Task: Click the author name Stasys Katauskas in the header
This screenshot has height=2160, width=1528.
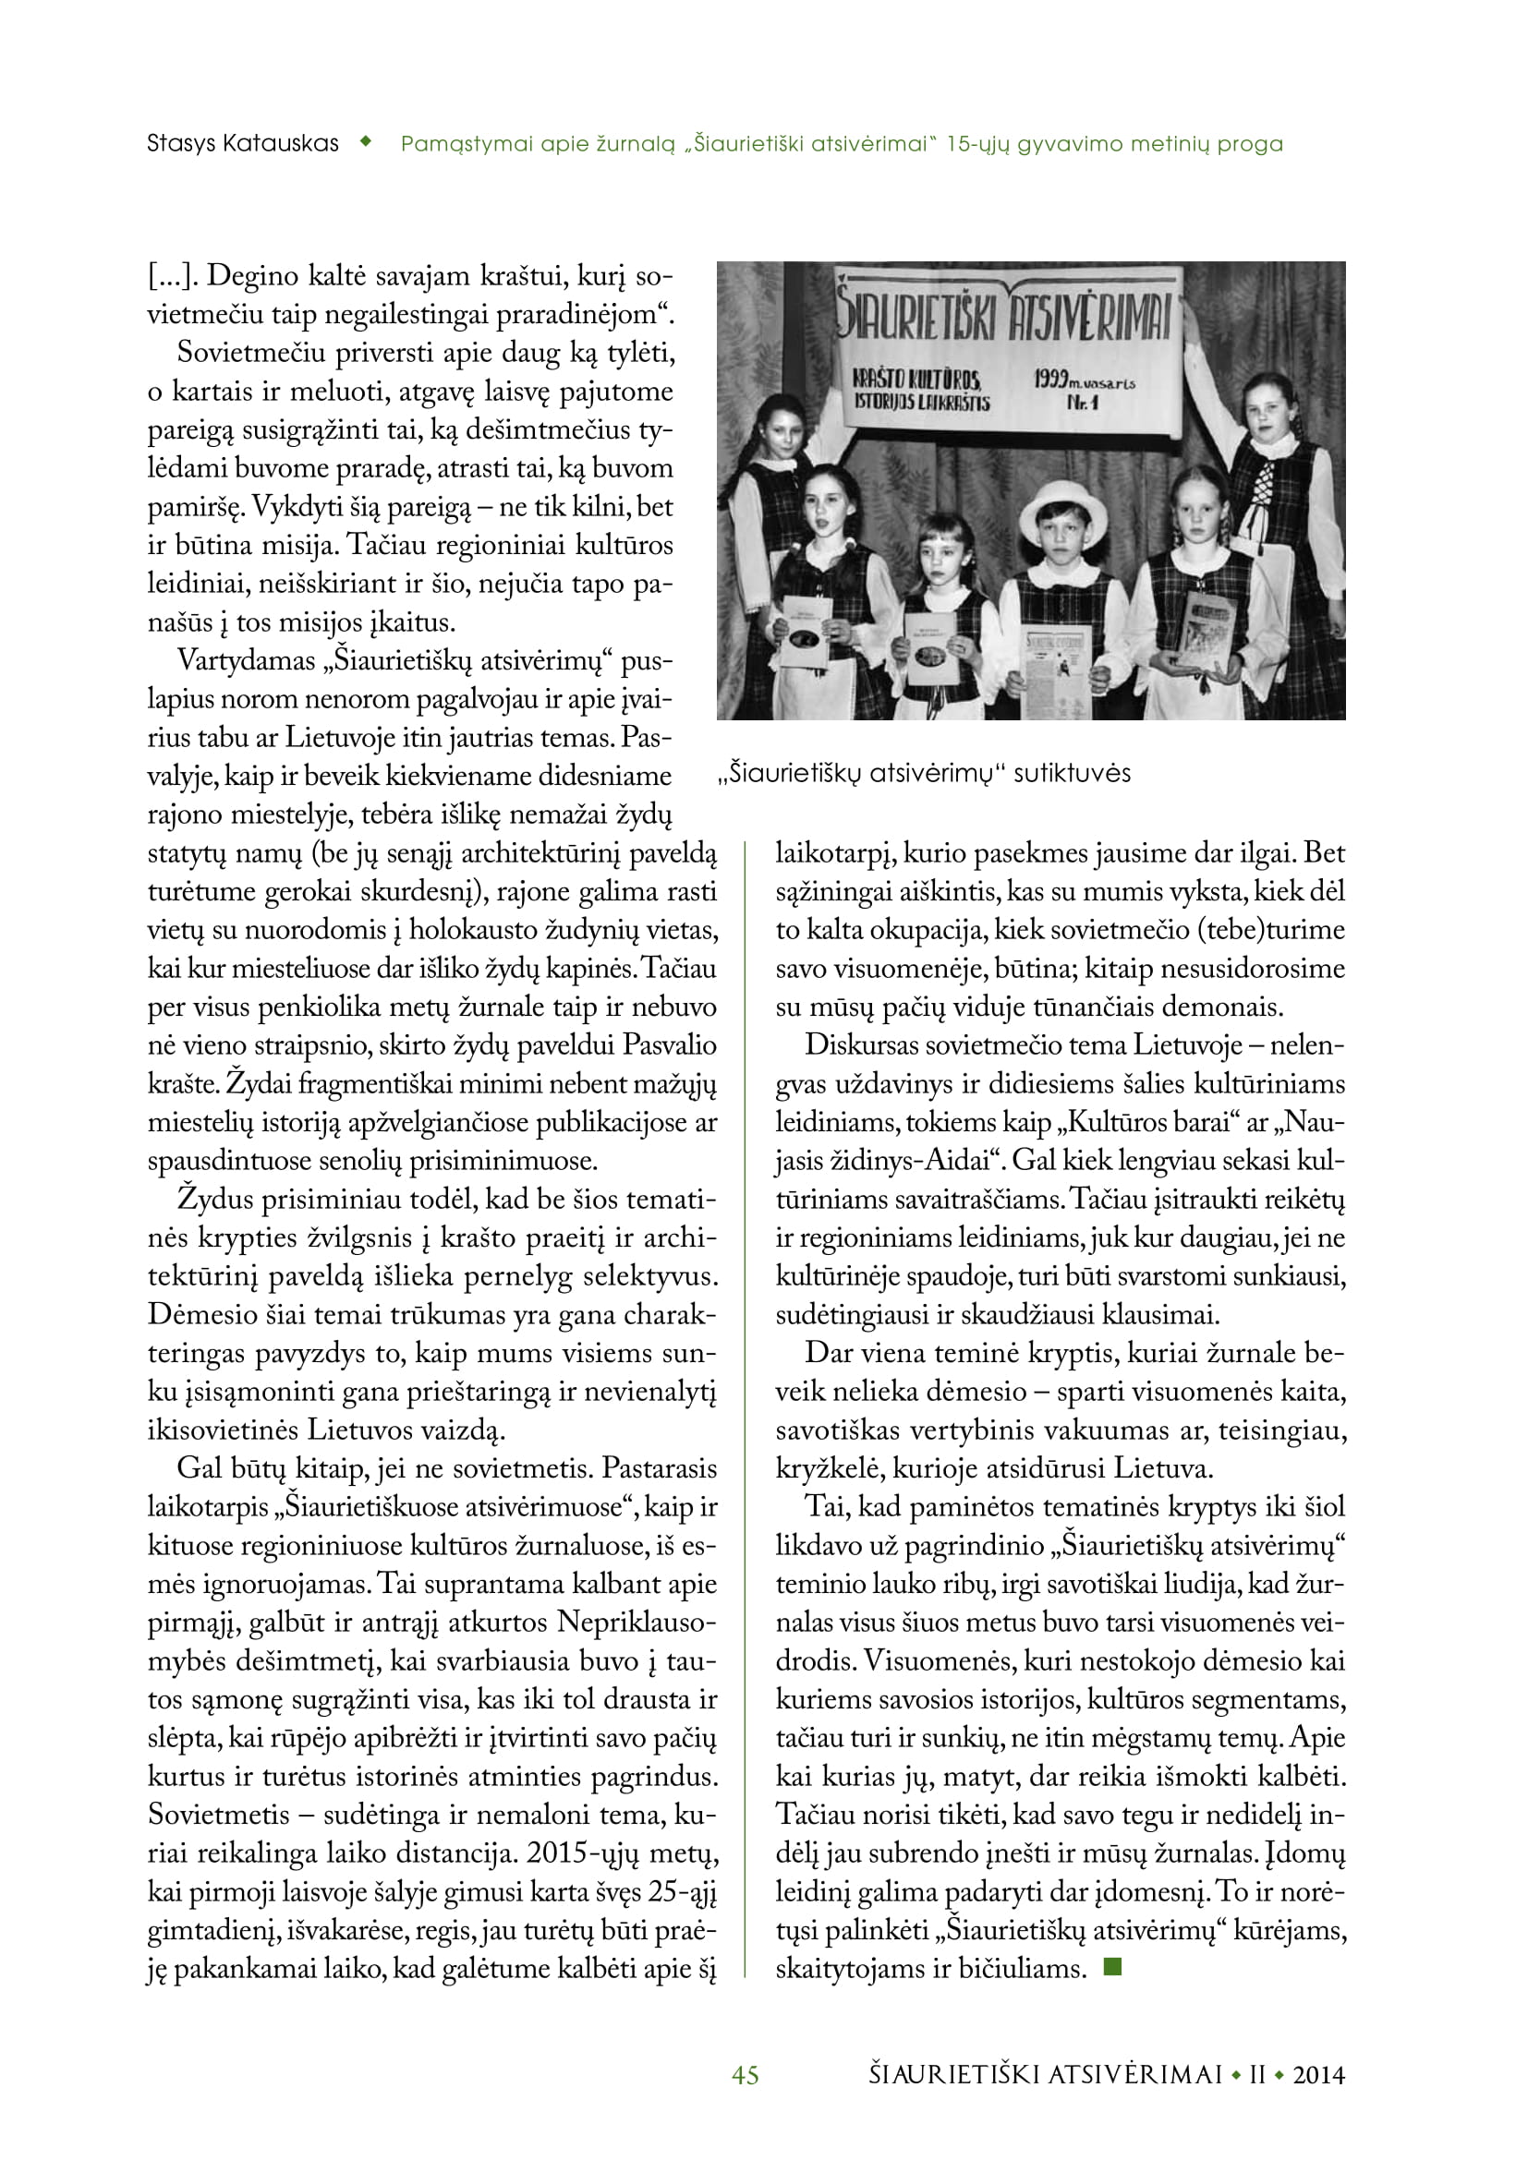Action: point(243,144)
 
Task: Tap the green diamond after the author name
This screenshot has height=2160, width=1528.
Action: point(367,143)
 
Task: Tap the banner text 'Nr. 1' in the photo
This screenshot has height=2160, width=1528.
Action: point(1082,403)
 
